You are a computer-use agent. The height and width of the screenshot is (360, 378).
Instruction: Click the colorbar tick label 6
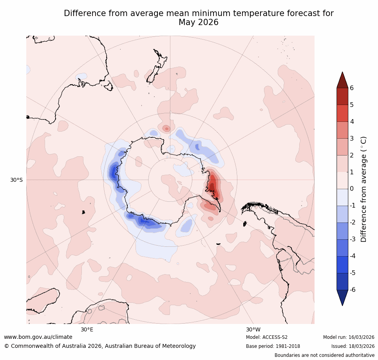pos(352,88)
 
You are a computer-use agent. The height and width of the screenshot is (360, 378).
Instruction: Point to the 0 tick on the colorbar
pos(352,189)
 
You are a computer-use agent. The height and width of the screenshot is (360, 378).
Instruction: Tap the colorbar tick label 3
pos(352,138)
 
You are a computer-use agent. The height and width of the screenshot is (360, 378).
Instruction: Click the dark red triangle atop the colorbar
pos(342,80)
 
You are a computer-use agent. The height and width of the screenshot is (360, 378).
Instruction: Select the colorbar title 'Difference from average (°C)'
pos(364,189)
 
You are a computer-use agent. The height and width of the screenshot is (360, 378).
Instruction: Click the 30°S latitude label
pos(16,180)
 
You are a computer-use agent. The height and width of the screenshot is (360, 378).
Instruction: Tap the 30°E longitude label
pos(87,329)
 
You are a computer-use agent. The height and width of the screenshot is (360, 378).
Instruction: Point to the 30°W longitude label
pos(253,329)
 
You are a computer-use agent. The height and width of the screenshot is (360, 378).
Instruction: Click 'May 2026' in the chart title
pos(199,23)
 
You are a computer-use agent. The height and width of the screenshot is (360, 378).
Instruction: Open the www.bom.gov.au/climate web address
pos(38,337)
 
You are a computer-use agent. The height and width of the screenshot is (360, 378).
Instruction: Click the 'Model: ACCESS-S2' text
pos(267,337)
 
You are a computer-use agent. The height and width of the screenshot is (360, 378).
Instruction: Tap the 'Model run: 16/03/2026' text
pos(349,337)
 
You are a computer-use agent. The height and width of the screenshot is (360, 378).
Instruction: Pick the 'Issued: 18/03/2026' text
pos(353,346)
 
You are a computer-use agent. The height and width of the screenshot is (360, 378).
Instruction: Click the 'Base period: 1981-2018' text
pos(273,346)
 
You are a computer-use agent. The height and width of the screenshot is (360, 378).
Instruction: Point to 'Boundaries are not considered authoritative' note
pos(324,355)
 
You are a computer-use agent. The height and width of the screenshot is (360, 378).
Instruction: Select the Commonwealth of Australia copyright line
pos(100,346)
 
